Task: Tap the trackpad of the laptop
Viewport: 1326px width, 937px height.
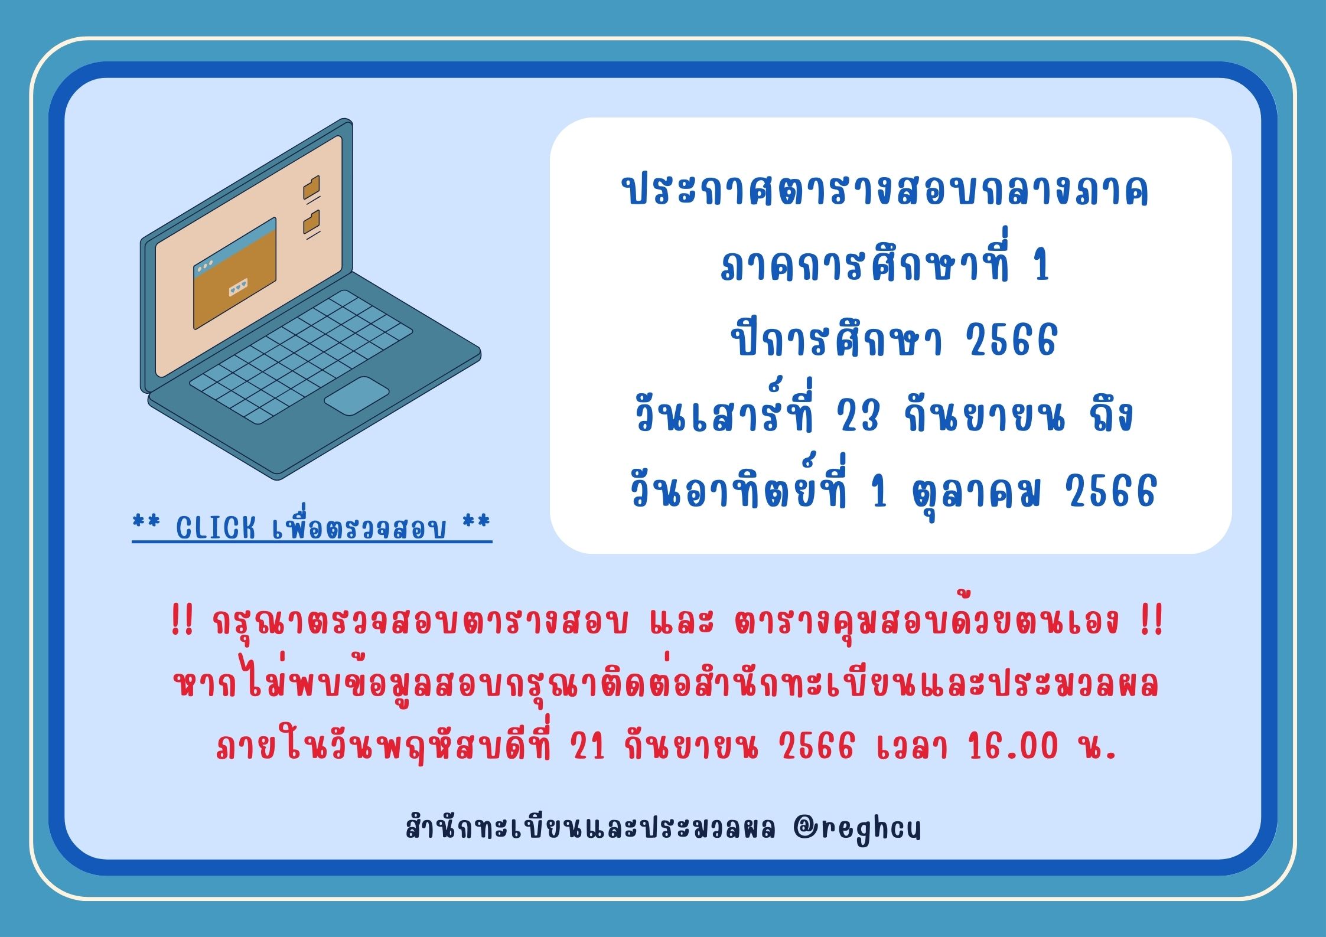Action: point(356,396)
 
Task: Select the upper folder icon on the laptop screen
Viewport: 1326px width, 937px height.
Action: point(311,188)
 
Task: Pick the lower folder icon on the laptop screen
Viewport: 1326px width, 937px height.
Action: point(311,222)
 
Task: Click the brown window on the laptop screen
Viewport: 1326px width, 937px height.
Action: point(234,273)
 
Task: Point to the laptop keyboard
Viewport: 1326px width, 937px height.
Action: point(301,357)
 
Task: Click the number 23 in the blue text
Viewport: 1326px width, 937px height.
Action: point(858,416)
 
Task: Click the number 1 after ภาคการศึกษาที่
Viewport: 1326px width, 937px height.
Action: point(1041,266)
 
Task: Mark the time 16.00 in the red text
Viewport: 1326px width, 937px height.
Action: point(1013,746)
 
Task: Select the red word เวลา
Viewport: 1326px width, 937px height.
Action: point(912,746)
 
